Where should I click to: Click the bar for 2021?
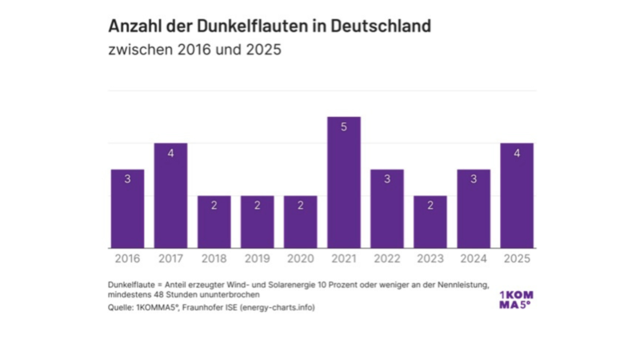tap(344, 182)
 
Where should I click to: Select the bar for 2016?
tap(127, 209)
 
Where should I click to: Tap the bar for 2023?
tap(430, 222)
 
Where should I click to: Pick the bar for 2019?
tap(257, 222)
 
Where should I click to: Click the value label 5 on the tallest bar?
tap(344, 127)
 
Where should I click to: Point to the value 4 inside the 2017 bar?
tap(170, 153)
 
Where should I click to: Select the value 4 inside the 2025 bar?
tap(517, 153)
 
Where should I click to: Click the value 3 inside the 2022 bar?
tap(387, 179)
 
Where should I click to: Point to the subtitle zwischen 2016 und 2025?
tap(196, 50)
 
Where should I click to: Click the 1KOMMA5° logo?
tap(515, 299)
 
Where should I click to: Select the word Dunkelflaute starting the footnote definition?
tap(131, 286)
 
